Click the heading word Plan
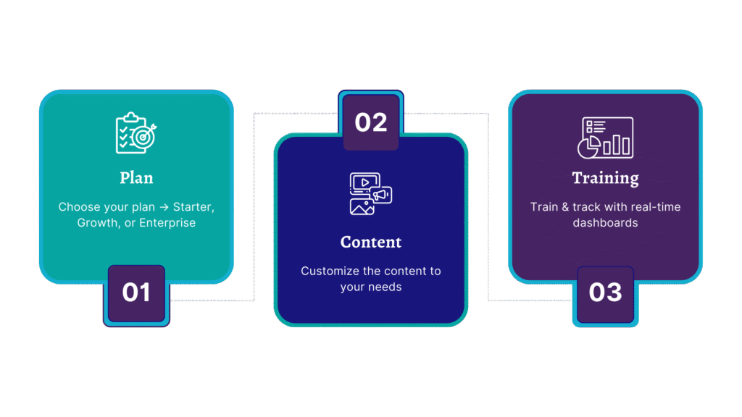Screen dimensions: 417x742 136,177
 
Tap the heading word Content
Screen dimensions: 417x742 371,242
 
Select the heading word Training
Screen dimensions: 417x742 605,177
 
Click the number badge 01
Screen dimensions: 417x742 136,292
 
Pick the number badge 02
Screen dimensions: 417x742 371,122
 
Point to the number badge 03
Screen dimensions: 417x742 605,292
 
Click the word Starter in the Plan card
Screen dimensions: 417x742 193,207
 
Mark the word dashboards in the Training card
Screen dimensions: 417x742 605,223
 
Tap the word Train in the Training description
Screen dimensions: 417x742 544,207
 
